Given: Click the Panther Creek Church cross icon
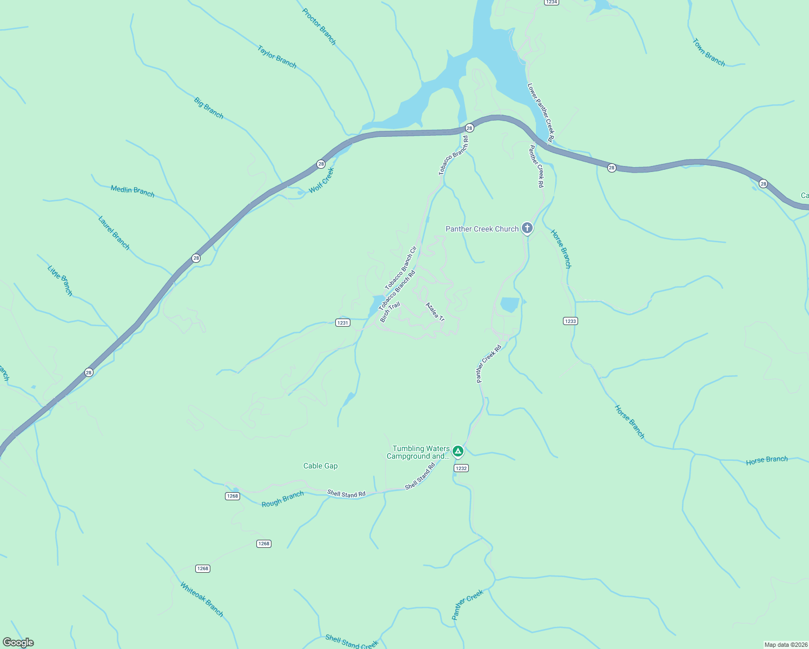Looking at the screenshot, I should point(527,228).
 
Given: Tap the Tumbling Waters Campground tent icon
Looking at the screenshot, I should point(457,451).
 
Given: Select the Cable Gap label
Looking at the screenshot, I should point(320,466).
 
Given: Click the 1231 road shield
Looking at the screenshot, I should point(342,322).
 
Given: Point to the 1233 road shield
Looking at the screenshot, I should point(570,321).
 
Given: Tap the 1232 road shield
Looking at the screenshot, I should point(461,468).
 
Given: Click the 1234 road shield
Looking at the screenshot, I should point(551,2).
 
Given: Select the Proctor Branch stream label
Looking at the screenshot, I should point(319,27).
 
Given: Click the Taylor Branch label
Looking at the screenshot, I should point(277,57).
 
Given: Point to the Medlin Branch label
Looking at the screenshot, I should point(132,191).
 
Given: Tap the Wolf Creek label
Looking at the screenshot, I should point(322,180).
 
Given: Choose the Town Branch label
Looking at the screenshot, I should point(708,52).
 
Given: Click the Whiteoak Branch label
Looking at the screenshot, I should point(202,599).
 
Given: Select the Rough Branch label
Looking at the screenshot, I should point(282,499).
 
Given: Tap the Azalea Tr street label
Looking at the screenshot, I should point(435,312).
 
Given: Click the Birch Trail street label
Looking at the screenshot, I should point(389,312).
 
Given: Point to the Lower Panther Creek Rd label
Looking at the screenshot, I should point(541,112).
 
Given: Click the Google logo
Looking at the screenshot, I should point(18,643).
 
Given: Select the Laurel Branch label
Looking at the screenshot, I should point(114,233).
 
